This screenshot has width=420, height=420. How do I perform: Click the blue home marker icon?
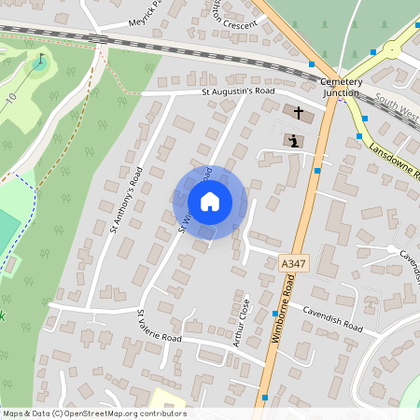tap(209, 201)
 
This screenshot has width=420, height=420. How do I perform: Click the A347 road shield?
tap(292, 265)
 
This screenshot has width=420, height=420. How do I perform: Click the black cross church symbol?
tap(299, 114)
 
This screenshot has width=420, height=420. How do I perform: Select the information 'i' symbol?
tap(294, 141)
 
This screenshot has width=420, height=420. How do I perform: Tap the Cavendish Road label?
tap(330, 318)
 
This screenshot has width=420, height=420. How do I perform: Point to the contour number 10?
tap(11, 97)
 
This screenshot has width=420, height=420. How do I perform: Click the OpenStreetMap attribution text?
tap(93, 413)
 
